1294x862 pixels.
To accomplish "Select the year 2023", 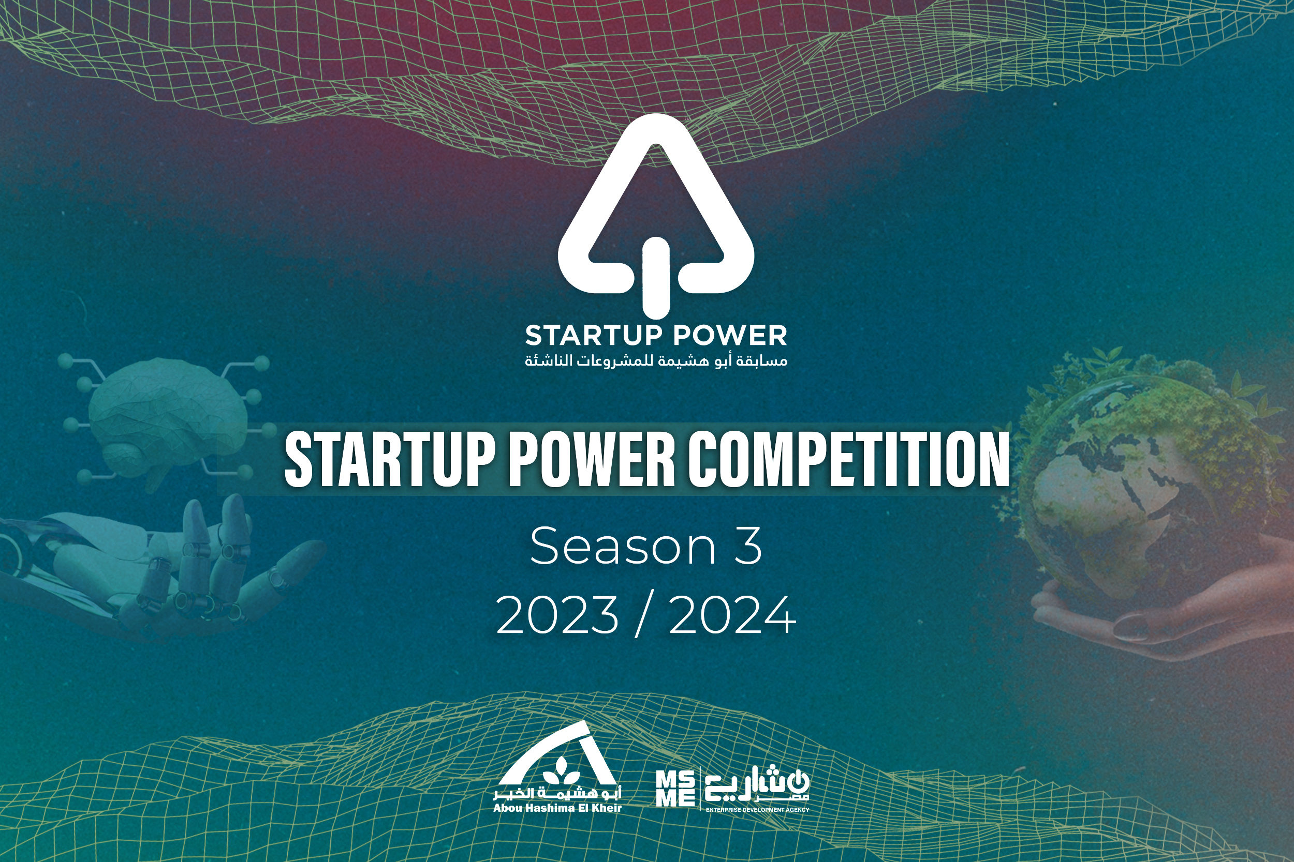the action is coord(557,615).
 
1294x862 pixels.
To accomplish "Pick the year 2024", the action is coord(732,615).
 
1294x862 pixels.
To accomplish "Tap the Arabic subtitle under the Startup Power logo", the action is coord(656,360).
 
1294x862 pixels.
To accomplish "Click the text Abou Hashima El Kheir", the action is coord(557,808).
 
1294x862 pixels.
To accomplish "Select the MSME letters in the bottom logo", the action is coord(675,789).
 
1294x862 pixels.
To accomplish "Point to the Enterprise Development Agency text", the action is coord(757,810).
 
